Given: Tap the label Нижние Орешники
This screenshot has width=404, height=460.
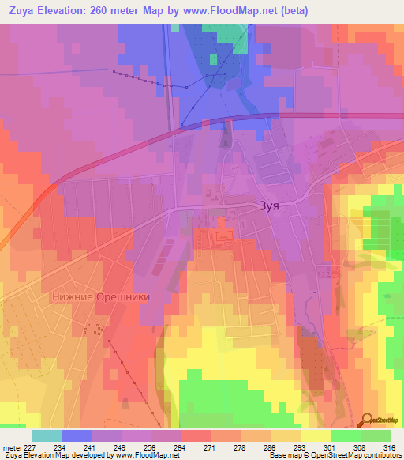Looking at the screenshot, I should tap(99, 298).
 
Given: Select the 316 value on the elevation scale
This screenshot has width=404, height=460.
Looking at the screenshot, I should tap(388, 447).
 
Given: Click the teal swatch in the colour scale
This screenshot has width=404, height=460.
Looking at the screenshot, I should tap(47, 435).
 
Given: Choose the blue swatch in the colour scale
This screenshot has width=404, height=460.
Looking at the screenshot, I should tap(77, 435).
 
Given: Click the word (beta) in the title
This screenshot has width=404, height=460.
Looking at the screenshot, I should tap(290, 11).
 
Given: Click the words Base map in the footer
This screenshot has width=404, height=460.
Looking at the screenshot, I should tap(287, 455).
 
